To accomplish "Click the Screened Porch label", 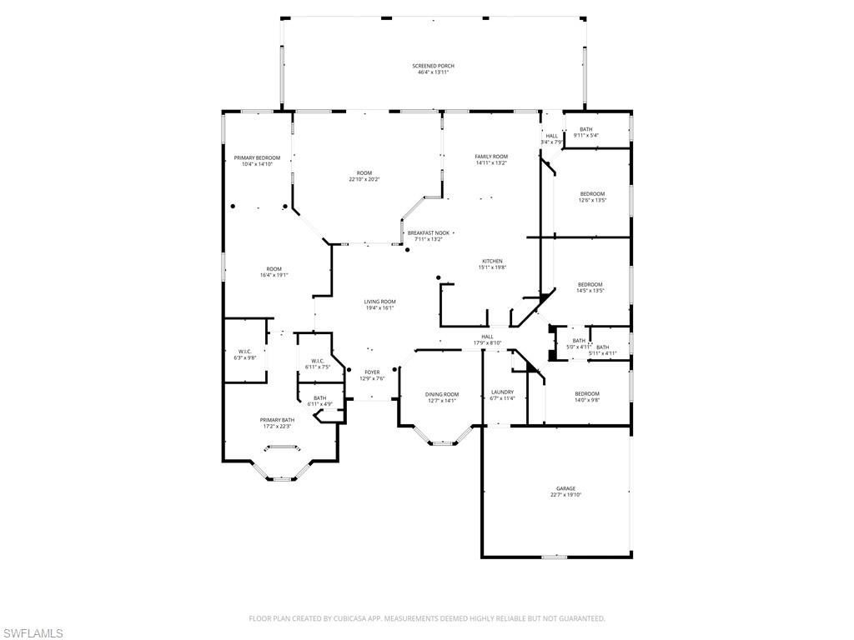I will click(433, 66).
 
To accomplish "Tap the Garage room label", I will click(565, 489).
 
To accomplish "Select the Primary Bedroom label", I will click(257, 157).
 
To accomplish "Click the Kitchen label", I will click(491, 262).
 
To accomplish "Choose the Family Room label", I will click(491, 157).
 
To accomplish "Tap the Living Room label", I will click(379, 302).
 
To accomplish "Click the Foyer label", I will click(372, 372).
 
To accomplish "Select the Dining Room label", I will click(442, 394).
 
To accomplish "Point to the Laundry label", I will click(502, 392).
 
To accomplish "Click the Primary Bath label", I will click(277, 420).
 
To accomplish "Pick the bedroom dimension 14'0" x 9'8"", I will click(586, 400).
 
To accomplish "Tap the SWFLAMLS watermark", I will click(32, 633).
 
